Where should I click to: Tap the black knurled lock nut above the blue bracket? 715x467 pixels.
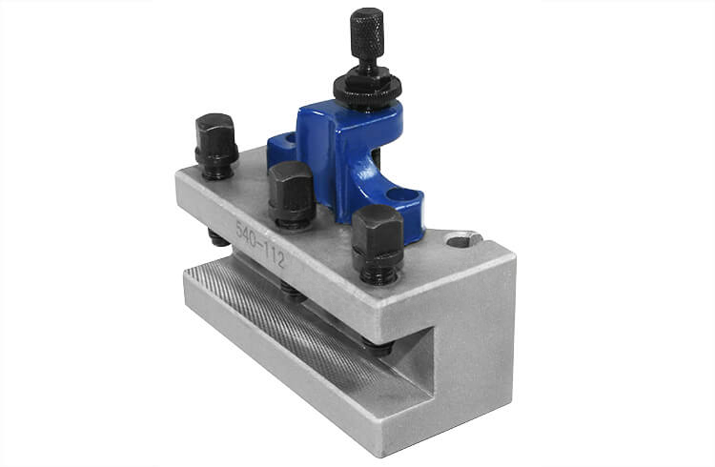(367, 88)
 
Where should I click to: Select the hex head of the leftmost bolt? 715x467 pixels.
(215, 133)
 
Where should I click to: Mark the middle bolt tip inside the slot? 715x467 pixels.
(296, 294)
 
